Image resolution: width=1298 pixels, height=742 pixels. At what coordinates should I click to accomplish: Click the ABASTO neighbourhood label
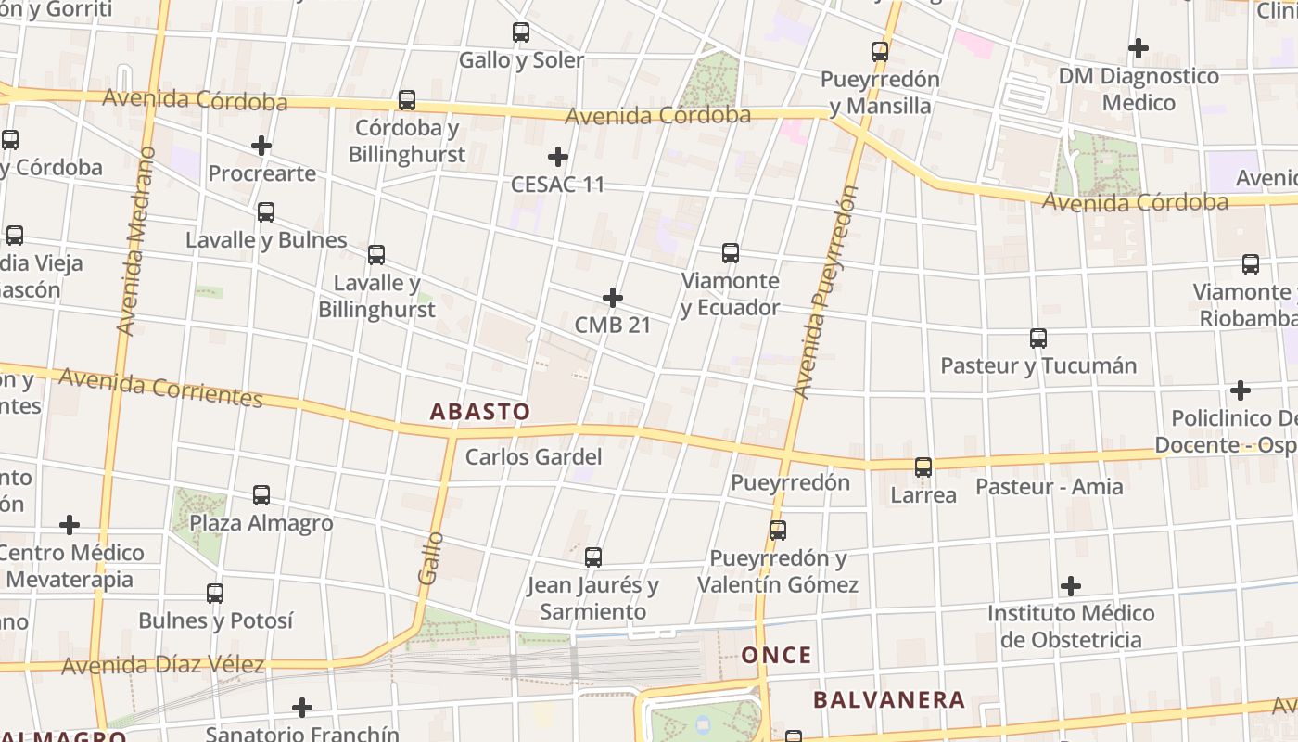click(480, 411)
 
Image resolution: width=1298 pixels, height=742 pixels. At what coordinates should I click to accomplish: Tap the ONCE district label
click(776, 656)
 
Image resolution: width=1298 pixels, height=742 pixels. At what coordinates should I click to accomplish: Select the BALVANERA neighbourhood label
click(889, 699)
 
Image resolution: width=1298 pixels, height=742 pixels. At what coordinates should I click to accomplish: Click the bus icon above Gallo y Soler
click(521, 32)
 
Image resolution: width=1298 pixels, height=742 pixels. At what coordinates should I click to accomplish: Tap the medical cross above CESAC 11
click(557, 156)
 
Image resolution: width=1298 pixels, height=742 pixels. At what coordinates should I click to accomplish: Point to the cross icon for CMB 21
click(613, 298)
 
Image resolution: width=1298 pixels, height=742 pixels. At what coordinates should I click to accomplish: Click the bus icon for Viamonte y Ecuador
click(731, 252)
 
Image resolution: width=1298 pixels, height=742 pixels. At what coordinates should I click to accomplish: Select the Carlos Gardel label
click(533, 456)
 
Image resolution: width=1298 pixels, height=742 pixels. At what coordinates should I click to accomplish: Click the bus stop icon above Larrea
click(923, 467)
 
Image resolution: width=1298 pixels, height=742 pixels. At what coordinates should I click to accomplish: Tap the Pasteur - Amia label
click(1049, 486)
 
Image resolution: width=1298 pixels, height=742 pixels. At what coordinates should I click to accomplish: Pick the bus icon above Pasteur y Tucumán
click(1038, 339)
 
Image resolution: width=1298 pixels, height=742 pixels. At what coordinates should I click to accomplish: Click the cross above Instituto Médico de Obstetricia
click(1071, 586)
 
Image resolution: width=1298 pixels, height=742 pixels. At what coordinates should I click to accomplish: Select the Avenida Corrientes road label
click(160, 387)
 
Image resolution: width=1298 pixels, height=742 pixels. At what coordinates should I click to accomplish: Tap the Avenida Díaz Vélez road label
click(163, 665)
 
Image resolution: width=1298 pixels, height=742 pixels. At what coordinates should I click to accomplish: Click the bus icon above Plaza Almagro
click(261, 495)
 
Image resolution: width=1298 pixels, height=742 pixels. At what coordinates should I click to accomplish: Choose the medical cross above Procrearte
click(261, 146)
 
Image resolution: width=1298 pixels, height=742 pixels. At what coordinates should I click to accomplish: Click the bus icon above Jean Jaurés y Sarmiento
click(593, 557)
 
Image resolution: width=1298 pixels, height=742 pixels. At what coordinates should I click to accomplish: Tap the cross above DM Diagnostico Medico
click(1139, 47)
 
